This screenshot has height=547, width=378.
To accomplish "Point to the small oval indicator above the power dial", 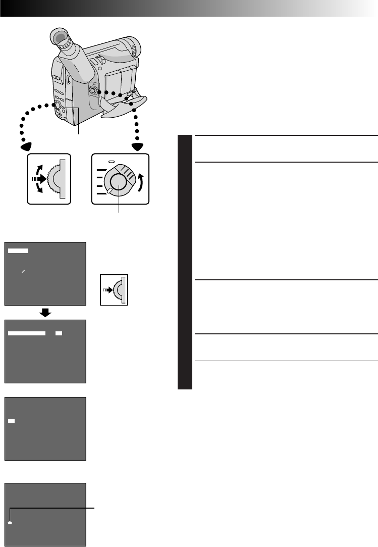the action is [x=113, y=161].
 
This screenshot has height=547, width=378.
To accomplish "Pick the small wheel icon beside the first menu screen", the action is [x=115, y=289].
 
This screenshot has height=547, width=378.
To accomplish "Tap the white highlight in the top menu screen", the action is [x=19, y=251].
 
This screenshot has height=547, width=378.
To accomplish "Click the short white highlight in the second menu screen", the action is [x=59, y=334].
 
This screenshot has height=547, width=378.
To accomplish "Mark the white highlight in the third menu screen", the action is [x=12, y=420].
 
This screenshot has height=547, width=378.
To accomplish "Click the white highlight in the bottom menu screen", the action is [x=10, y=522].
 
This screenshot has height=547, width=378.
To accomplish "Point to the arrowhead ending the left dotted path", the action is [x=24, y=145].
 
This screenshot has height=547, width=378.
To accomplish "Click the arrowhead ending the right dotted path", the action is [x=137, y=145].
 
